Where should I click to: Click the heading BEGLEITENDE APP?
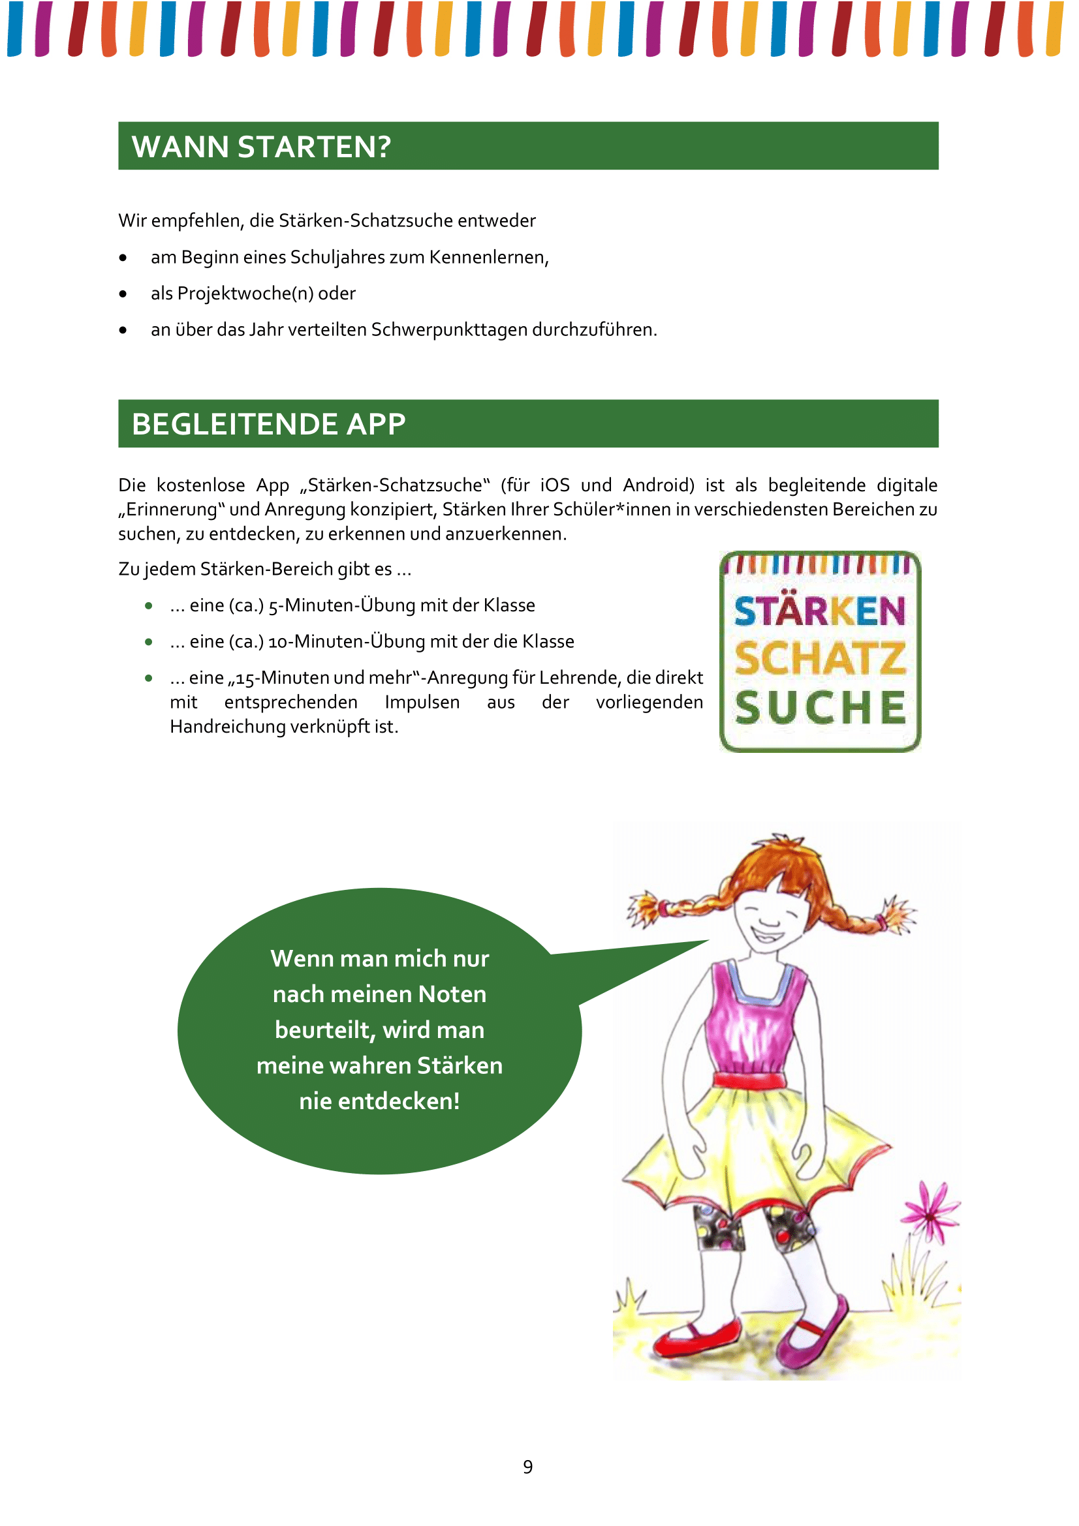268,424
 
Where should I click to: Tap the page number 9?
528,1466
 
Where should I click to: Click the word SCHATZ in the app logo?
820,659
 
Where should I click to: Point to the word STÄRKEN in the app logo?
820,611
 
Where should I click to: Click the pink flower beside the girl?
930,1213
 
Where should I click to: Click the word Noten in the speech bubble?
452,994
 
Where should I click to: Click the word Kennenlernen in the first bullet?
488,257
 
